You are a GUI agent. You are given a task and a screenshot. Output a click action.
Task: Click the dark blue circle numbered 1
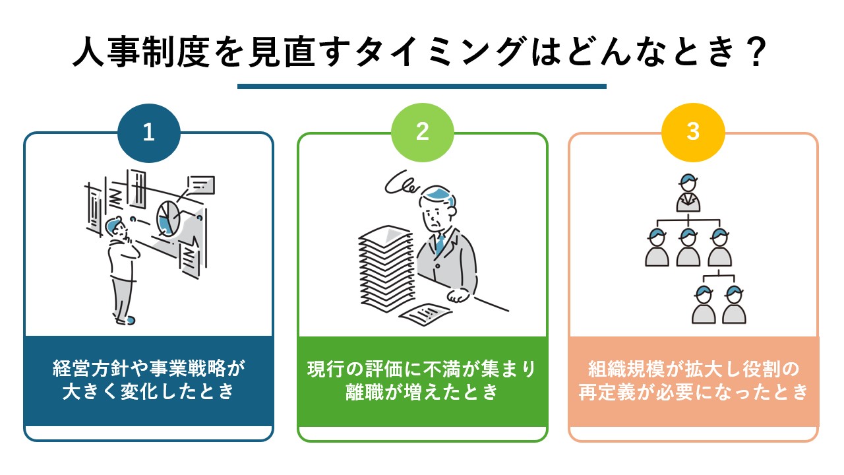tap(149, 133)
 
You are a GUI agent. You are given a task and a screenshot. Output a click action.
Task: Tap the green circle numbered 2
tap(423, 133)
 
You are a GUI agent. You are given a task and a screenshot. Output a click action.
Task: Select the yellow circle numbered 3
tap(693, 133)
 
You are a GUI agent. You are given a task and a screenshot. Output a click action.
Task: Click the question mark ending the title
tap(756, 53)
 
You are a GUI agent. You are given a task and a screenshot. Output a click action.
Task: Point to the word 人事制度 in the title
tap(141, 52)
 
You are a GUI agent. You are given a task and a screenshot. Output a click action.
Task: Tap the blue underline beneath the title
tap(421, 86)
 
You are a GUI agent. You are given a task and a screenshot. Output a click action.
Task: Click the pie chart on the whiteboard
tap(168, 219)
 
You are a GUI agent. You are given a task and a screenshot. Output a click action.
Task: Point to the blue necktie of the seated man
tap(440, 243)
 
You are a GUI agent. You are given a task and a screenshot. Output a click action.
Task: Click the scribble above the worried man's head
tap(402, 183)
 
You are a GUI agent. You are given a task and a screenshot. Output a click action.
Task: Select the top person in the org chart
tap(688, 193)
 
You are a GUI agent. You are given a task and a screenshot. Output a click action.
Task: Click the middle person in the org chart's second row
tap(688, 247)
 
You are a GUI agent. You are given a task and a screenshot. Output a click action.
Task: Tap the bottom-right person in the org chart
tap(734, 305)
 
